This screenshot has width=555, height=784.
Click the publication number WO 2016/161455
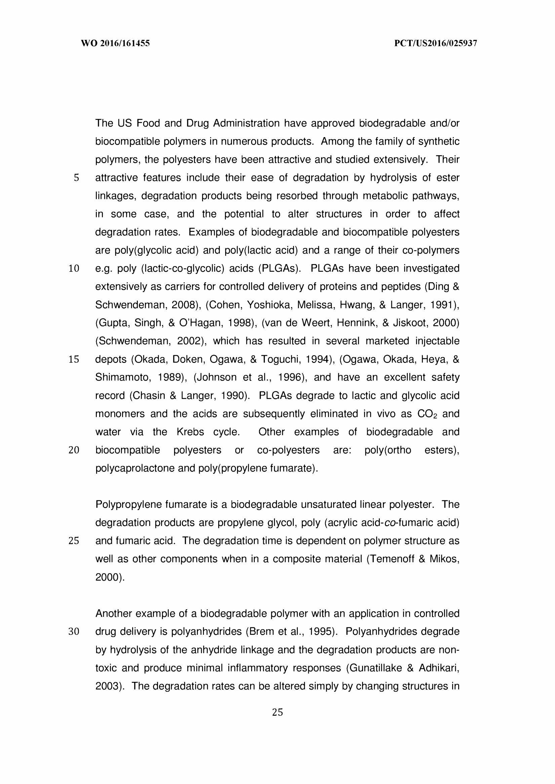[x=115, y=43]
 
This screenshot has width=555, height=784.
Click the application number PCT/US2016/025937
[x=435, y=43]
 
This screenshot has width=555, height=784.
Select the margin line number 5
[x=76, y=178]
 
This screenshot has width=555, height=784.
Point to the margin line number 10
[x=74, y=269]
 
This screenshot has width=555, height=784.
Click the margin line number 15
[x=74, y=359]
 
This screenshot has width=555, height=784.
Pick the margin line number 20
[x=74, y=450]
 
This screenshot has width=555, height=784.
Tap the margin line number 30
[x=74, y=632]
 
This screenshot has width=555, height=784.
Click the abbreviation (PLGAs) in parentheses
[x=280, y=269]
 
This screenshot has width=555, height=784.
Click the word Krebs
[x=190, y=432]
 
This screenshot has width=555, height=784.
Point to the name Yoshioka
[x=270, y=305]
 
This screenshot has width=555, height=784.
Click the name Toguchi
[x=281, y=359]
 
